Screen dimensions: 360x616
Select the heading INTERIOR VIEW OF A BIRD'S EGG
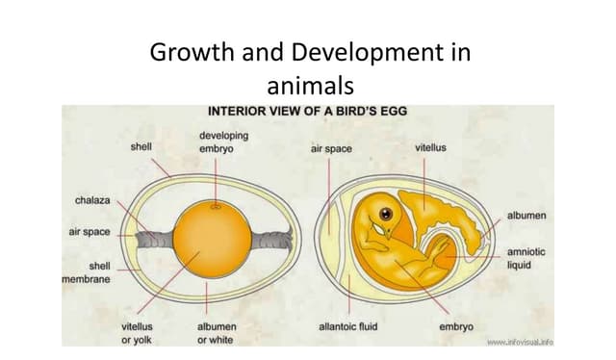pos(308,111)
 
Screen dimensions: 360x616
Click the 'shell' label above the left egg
pos(141,147)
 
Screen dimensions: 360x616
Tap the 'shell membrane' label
pos(87,272)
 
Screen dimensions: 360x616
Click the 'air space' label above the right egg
pos(331,149)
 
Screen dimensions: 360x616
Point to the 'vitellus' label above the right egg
pos(430,147)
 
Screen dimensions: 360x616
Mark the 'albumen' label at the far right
pos(527,215)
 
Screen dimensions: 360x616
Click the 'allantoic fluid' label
pos(347,326)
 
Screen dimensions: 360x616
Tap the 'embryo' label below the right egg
pos(455,326)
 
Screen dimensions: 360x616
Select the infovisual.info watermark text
pos(520,342)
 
